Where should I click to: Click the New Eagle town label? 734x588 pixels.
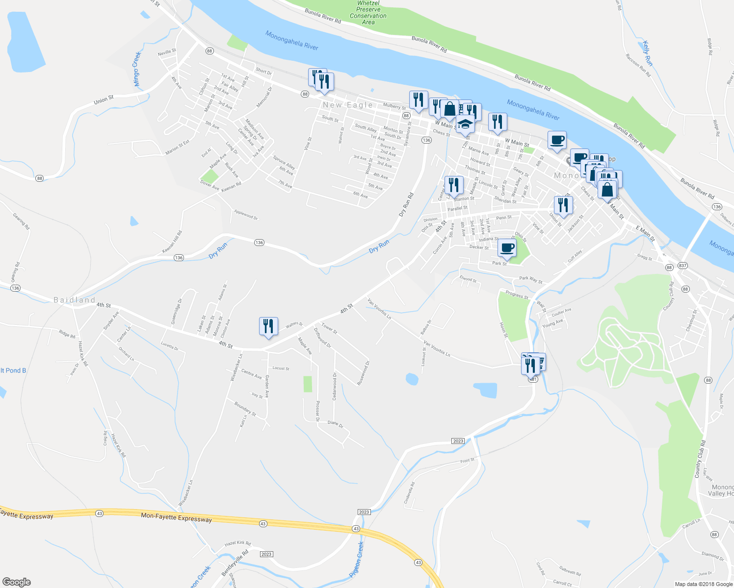point(348,105)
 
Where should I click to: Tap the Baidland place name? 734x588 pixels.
point(74,300)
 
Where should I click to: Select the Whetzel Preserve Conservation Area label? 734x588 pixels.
point(368,13)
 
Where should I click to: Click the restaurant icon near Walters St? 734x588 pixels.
point(268,326)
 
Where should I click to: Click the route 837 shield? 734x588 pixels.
point(682,266)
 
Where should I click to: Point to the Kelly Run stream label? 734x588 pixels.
point(648,53)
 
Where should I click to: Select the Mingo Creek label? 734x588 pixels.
point(136,69)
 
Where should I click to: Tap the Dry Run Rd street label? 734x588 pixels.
point(406,205)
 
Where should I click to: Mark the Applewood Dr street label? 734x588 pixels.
point(246,215)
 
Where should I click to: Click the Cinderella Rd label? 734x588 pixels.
point(409,492)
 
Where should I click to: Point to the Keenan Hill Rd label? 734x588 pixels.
point(172,242)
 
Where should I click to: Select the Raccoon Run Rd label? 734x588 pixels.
point(638,65)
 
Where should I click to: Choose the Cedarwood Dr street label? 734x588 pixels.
point(335,386)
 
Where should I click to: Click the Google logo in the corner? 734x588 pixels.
point(17,582)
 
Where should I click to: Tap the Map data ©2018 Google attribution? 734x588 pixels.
point(704,584)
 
